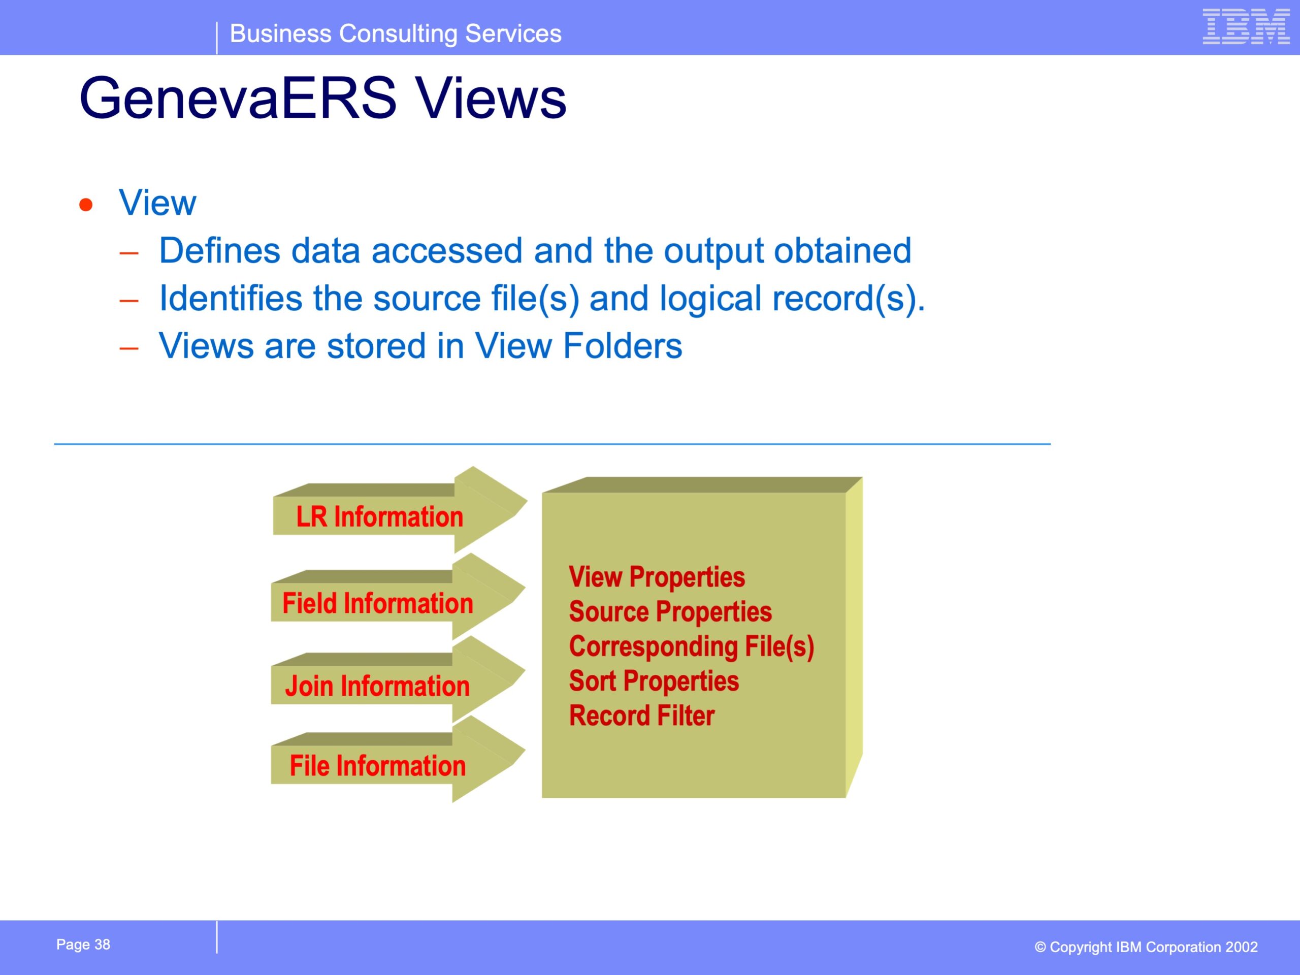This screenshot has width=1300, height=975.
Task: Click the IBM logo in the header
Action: click(x=1246, y=26)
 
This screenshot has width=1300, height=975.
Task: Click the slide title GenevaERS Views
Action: click(x=322, y=97)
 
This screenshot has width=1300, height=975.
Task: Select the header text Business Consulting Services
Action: click(x=396, y=34)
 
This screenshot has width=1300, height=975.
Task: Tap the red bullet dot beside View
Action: click(x=86, y=205)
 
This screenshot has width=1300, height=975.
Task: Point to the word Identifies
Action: click(x=231, y=298)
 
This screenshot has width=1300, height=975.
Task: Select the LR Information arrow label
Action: click(x=380, y=517)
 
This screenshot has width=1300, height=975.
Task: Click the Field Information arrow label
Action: click(x=378, y=604)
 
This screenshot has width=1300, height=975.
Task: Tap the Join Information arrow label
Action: click(x=377, y=687)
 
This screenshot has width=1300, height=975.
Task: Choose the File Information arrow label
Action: click(x=378, y=766)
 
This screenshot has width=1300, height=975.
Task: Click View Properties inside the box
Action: click(x=657, y=577)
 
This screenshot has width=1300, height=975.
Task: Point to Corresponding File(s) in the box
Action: click(x=692, y=647)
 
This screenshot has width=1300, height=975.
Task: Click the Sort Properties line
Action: click(x=654, y=681)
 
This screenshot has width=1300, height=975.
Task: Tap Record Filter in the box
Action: click(x=642, y=716)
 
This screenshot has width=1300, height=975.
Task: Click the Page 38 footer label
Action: click(x=83, y=945)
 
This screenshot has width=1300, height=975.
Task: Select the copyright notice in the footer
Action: click(x=1146, y=947)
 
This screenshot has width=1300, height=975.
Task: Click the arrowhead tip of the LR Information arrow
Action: click(x=527, y=501)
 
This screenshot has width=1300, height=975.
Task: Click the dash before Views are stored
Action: click(x=128, y=348)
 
